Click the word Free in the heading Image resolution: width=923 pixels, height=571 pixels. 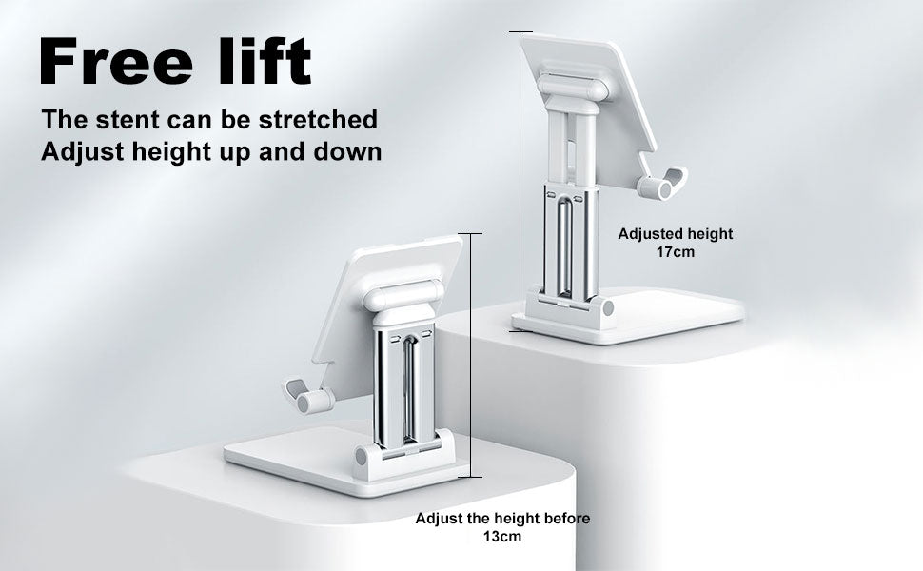(116, 61)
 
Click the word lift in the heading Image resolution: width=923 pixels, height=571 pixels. (265, 61)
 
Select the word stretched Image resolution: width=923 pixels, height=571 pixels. (318, 120)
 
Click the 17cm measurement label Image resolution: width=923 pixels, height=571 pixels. (676, 252)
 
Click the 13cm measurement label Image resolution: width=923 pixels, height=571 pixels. (502, 537)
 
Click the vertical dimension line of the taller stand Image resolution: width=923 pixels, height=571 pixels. (520, 182)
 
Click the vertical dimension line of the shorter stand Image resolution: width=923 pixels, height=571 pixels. (470, 355)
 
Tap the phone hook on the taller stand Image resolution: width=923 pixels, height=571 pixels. (663, 184)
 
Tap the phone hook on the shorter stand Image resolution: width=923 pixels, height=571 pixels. (309, 396)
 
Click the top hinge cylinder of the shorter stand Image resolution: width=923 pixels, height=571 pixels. (403, 296)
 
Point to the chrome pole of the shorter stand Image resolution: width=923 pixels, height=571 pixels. (403, 389)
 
